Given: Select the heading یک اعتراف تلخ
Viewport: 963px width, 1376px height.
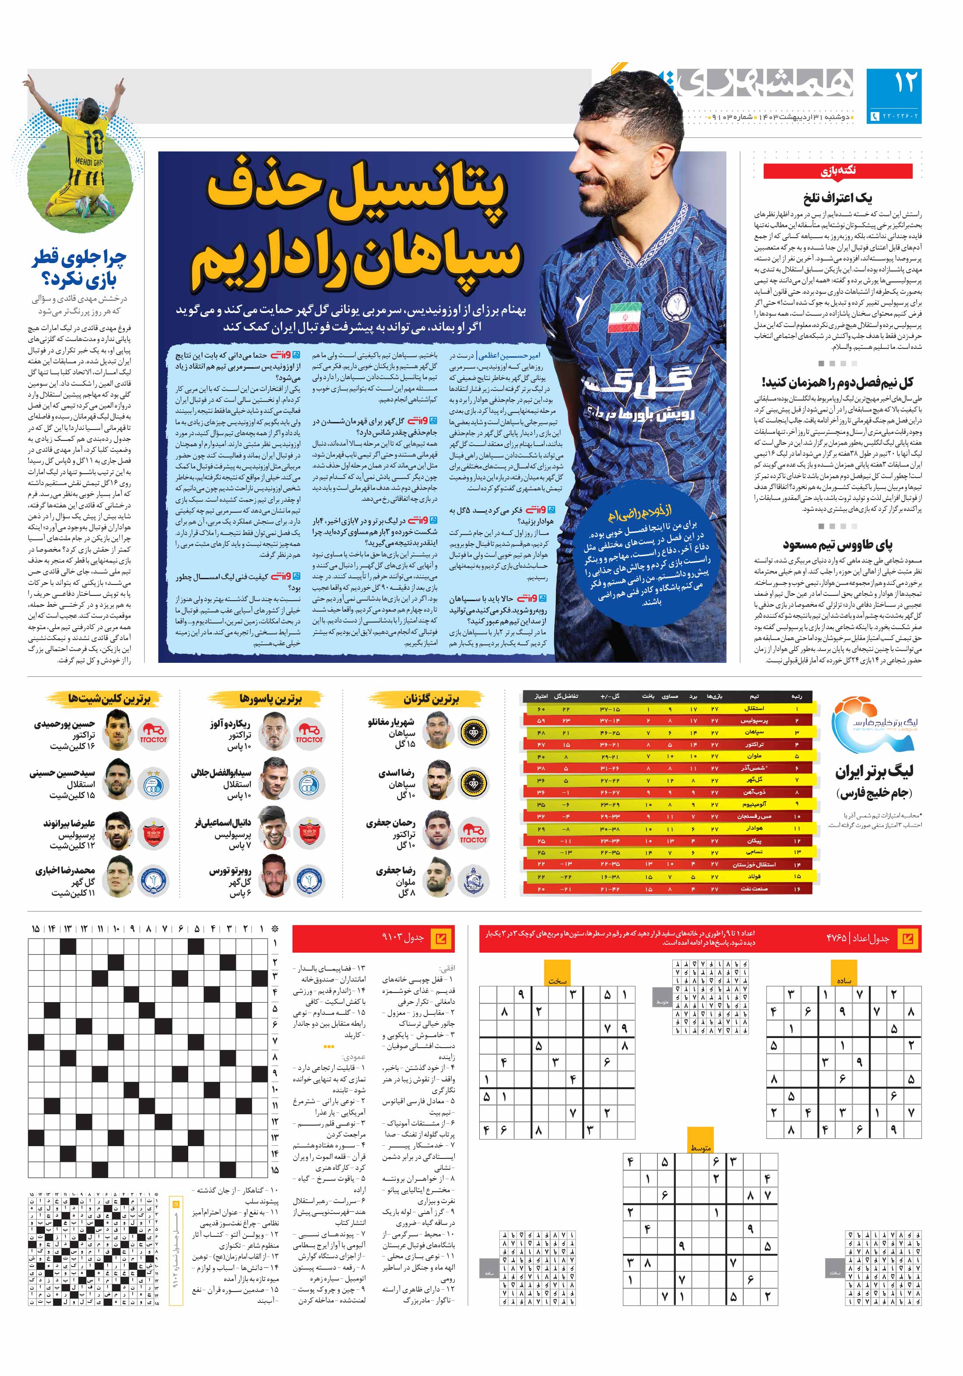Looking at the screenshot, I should (837, 198).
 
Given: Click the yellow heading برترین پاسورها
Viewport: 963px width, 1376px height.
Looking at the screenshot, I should (271, 699).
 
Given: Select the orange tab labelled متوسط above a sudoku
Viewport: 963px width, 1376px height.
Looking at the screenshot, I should (700, 1147).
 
